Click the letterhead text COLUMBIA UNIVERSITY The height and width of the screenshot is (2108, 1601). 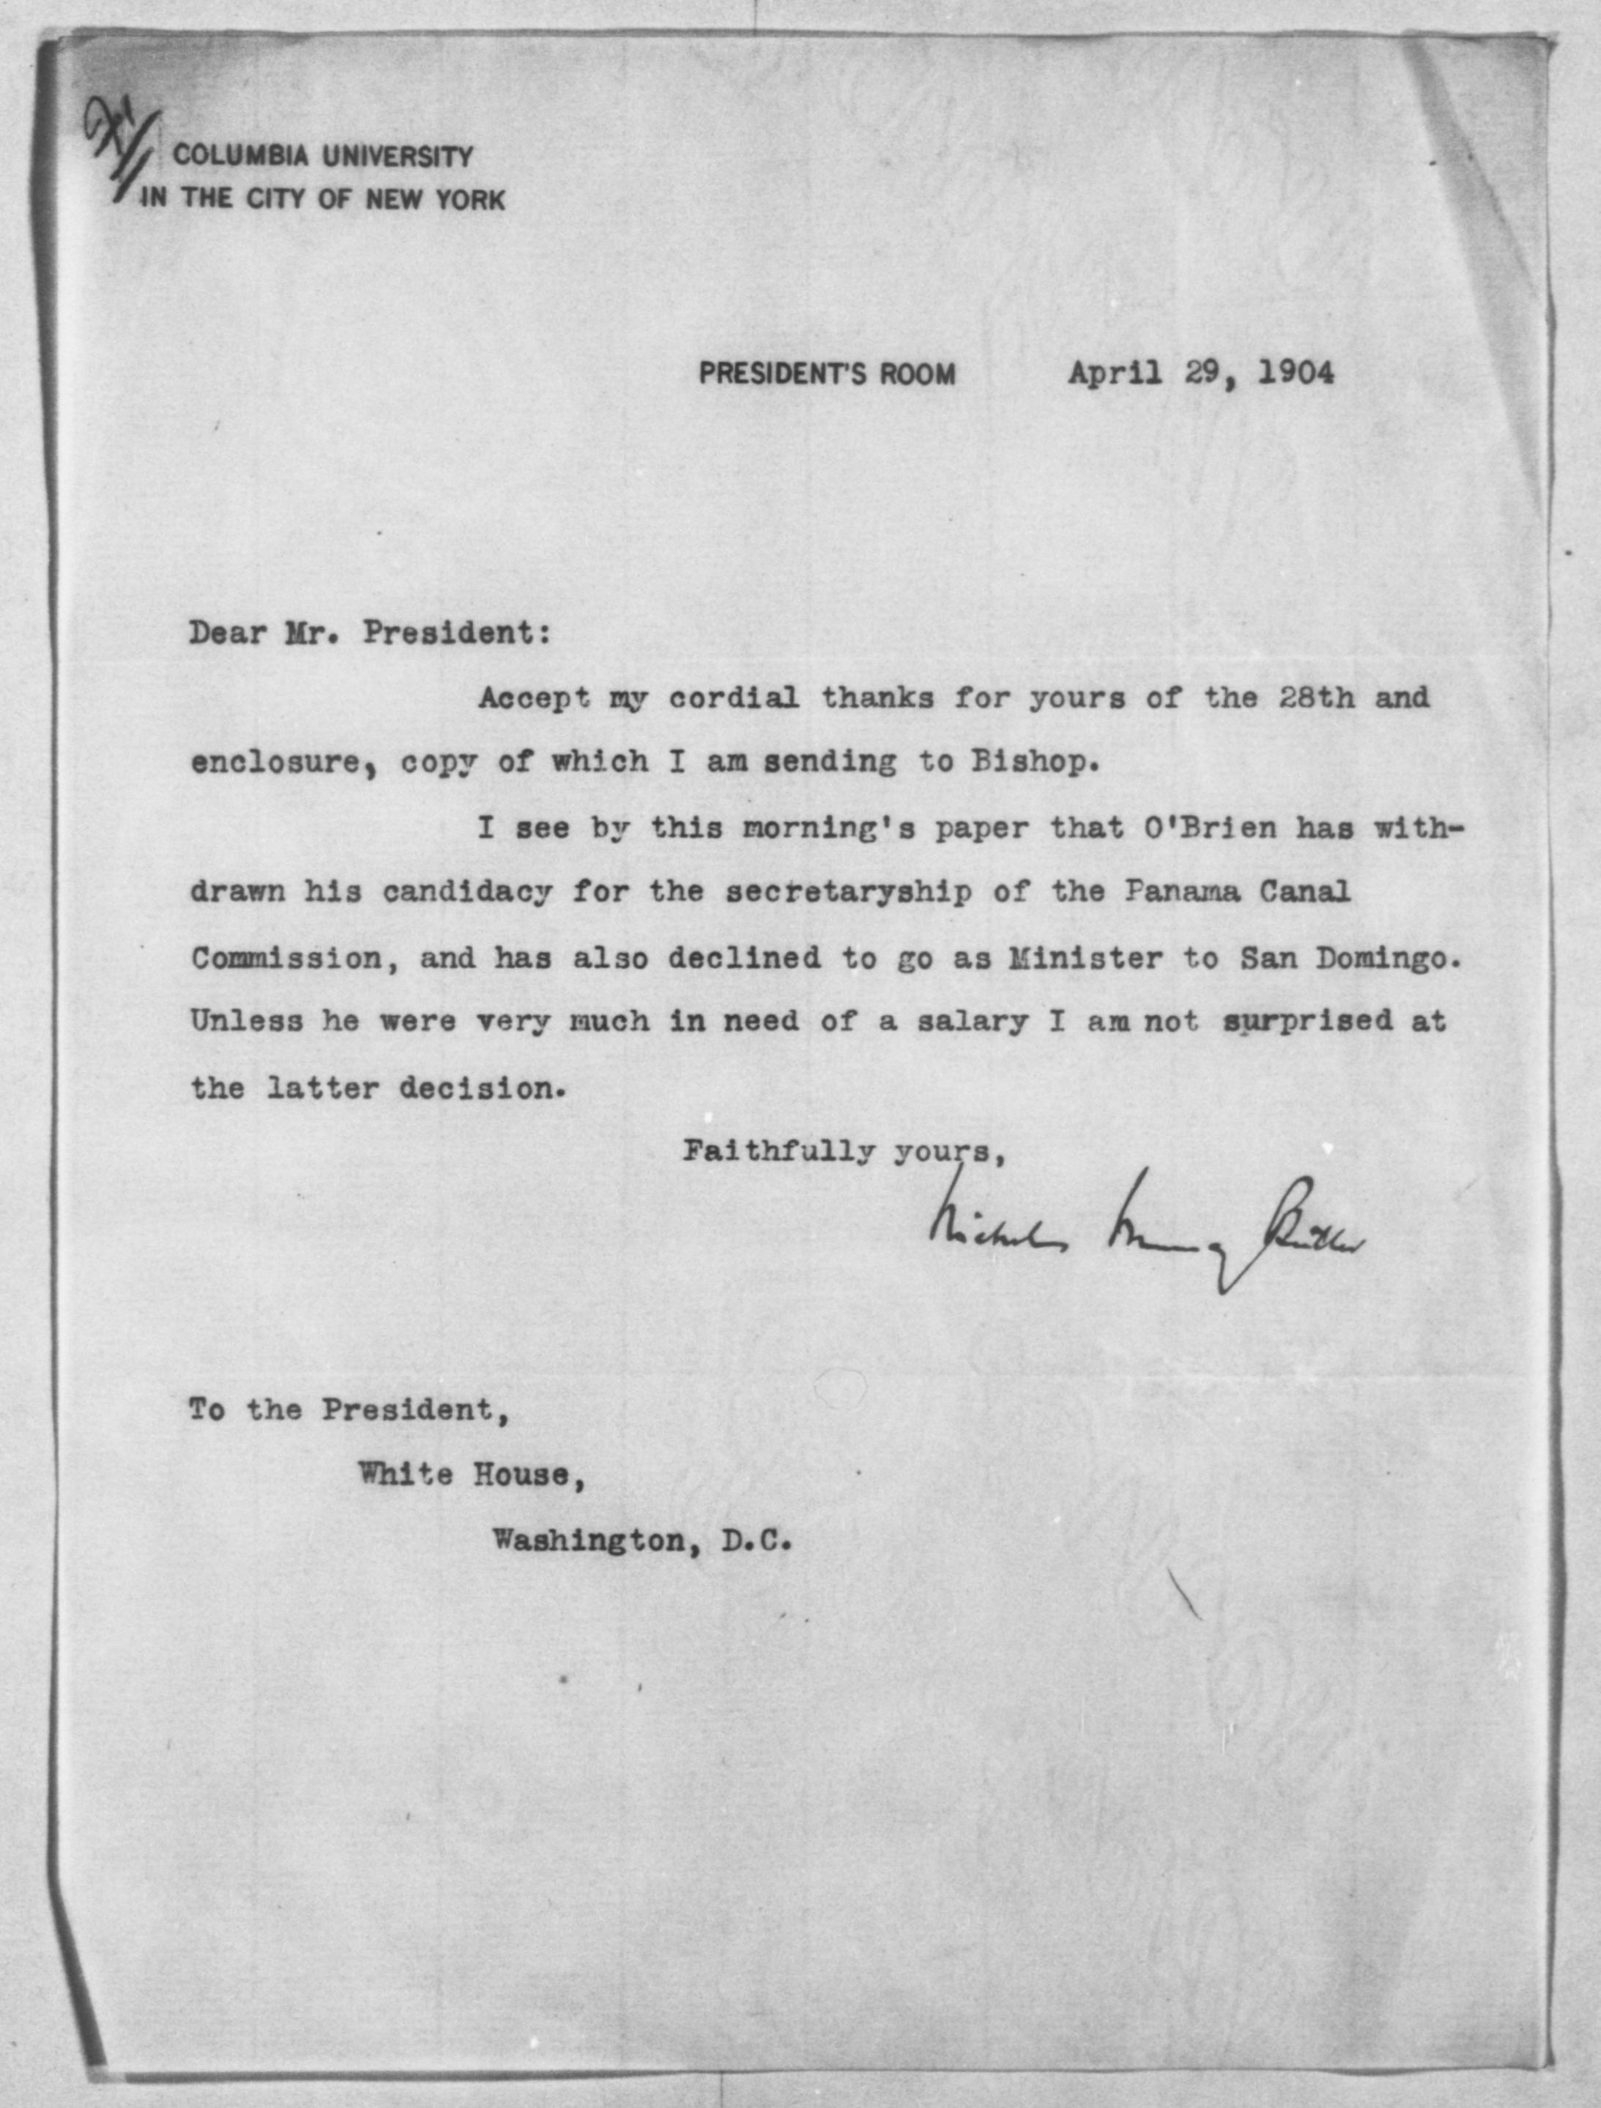(x=323, y=155)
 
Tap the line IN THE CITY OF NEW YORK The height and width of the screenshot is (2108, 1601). (x=323, y=199)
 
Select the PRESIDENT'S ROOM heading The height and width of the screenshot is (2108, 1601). (x=826, y=373)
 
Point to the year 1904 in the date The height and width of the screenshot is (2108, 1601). (x=1296, y=373)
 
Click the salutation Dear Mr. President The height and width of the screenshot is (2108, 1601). (x=370, y=633)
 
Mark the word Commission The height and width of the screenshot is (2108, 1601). (x=286, y=958)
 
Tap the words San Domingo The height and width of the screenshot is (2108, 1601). (x=1348, y=958)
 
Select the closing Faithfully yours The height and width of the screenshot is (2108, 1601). (x=844, y=1152)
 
